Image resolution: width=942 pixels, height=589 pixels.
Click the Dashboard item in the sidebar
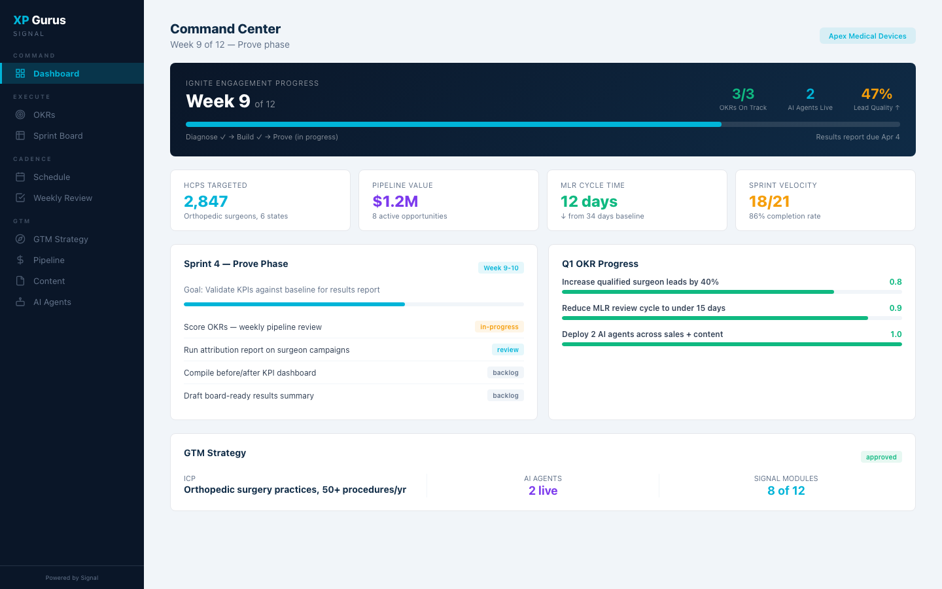tap(56, 73)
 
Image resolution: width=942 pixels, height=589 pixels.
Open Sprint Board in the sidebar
tap(58, 135)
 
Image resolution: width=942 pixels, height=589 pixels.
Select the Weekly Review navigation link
tap(62, 198)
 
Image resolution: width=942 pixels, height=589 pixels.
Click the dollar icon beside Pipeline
tap(20, 260)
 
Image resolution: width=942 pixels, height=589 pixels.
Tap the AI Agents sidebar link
tap(52, 302)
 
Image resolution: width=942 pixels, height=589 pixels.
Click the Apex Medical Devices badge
tap(867, 36)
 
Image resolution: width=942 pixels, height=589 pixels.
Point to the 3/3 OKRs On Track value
tap(742, 94)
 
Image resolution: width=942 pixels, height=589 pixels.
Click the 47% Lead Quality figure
tap(876, 94)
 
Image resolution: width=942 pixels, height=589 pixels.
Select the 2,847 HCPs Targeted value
tap(205, 202)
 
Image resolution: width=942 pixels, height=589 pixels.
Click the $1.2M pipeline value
tap(395, 202)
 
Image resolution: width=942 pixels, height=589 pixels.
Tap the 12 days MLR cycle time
tap(589, 202)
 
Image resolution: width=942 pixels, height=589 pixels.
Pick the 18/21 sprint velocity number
tap(769, 202)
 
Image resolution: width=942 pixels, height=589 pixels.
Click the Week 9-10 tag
tap(500, 268)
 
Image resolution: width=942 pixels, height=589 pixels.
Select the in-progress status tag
tap(498, 327)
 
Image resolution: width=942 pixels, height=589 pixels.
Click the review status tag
tap(507, 349)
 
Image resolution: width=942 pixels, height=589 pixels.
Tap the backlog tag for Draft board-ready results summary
tap(505, 395)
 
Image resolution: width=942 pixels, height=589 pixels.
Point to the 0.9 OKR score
tap(895, 308)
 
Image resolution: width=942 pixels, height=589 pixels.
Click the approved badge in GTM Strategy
tap(881, 457)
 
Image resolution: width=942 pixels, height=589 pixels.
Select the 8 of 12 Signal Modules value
tap(786, 491)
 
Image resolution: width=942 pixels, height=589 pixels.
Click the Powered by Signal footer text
tap(72, 578)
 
